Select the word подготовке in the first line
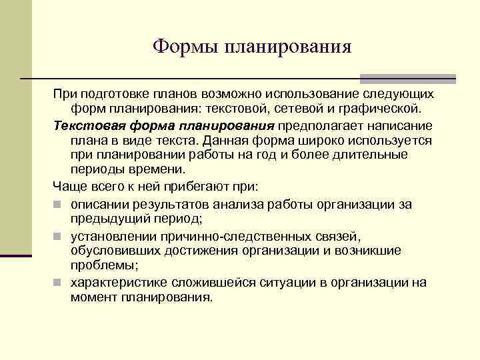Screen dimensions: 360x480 [113, 94]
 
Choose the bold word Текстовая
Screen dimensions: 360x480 [82, 126]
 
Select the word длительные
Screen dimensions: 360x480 [385, 155]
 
